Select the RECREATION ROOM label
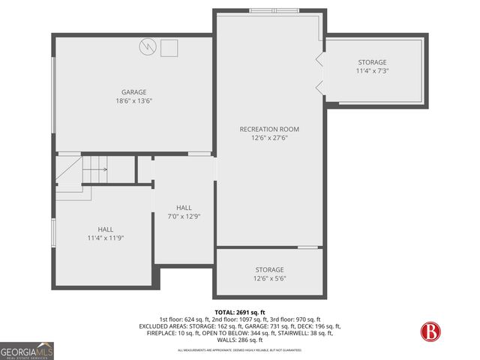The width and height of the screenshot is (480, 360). (x=269, y=129)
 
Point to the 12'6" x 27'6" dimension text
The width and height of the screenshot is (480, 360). (x=269, y=138)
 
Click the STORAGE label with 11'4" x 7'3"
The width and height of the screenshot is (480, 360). (x=372, y=62)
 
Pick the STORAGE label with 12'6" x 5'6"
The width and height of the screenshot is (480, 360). (x=269, y=269)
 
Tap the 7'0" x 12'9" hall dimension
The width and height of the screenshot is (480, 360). (x=184, y=216)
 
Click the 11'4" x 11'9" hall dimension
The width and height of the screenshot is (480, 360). (x=105, y=238)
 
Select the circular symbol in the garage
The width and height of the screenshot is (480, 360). (x=147, y=47)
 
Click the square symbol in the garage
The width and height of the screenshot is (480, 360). (x=170, y=48)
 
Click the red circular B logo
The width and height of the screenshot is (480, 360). (x=430, y=329)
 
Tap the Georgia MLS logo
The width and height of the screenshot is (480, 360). (x=27, y=351)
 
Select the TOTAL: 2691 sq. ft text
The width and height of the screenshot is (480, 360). (x=239, y=312)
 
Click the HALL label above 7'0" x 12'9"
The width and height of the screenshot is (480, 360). (x=184, y=208)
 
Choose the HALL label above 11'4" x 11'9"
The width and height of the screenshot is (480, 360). (x=105, y=229)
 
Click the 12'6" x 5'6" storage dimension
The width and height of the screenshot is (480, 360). (x=269, y=278)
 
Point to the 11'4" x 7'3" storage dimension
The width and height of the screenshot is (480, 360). (x=372, y=71)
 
